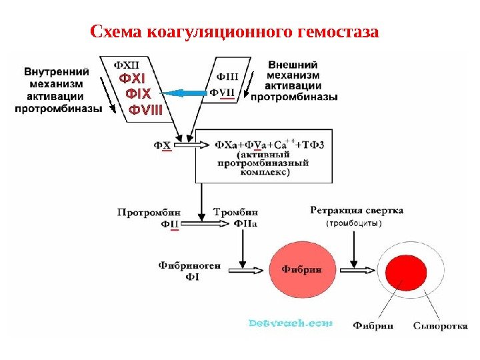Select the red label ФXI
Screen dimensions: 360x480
(132, 79)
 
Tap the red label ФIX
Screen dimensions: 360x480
(139, 93)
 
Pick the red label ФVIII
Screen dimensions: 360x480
(145, 108)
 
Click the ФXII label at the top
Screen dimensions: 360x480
(127, 65)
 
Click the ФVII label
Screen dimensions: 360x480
(223, 93)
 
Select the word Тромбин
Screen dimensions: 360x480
(235, 213)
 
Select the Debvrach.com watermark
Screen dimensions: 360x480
(290, 323)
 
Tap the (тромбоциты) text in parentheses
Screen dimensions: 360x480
(354, 224)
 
